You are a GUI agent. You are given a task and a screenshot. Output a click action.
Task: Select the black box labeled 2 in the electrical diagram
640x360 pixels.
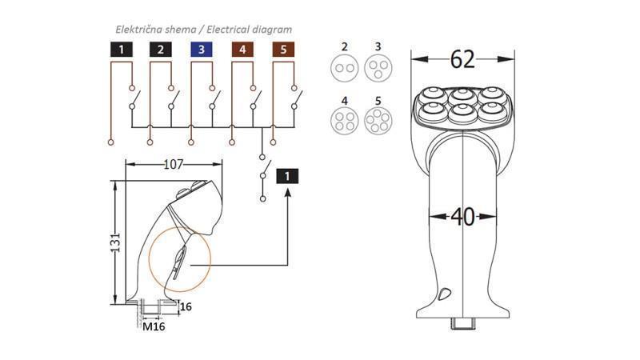tap(161, 50)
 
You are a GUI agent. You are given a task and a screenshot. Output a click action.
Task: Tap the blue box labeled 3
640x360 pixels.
tap(201, 50)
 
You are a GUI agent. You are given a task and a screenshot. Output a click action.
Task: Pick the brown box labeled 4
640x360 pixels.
tap(242, 50)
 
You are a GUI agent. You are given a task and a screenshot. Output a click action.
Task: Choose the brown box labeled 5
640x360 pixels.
tap(283, 50)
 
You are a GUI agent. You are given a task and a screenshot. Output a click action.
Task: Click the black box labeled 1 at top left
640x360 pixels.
tap(120, 50)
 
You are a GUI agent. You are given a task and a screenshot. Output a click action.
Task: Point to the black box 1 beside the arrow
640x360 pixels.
tap(287, 176)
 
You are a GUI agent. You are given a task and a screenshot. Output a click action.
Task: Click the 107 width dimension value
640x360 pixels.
tap(174, 165)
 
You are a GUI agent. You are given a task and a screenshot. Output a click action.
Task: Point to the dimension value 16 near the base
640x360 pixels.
tap(186, 306)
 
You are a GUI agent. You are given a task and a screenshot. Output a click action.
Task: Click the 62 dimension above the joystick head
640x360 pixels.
tap(462, 59)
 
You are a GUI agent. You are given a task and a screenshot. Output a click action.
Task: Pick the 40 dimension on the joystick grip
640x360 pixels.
tap(462, 216)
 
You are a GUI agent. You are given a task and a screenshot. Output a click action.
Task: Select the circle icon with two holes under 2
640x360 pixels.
tap(345, 68)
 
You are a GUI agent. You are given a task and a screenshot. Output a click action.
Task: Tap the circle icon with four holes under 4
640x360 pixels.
tap(345, 121)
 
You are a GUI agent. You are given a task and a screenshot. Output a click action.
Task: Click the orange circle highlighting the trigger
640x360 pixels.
tap(178, 260)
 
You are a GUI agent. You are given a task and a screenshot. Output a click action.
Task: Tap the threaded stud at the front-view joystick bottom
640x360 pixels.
tap(463, 324)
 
